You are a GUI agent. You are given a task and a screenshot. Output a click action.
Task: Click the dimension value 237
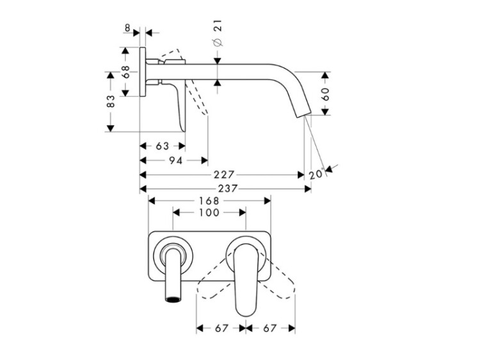[227, 189]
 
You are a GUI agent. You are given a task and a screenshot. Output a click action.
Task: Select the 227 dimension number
[224, 175]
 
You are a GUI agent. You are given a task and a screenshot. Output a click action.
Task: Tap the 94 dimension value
[176, 160]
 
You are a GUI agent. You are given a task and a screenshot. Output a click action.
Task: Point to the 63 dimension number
[163, 146]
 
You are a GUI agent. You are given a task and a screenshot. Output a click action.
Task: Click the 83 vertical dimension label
[111, 101]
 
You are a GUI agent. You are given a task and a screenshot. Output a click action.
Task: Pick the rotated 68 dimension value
[125, 72]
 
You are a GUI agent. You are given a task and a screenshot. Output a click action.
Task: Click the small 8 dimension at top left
[127, 28]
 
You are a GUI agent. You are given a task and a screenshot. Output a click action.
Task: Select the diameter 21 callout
[218, 33]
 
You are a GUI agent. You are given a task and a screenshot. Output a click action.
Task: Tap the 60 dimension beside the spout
[325, 94]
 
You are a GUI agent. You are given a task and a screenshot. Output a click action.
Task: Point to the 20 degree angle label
[316, 174]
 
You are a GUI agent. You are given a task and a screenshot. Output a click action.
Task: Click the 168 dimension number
[209, 201]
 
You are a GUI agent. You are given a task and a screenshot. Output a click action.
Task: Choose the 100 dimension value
[209, 212]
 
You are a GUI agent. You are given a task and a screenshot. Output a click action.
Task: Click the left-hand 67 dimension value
[221, 328]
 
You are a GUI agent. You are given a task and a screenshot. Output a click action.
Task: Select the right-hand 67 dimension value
[269, 328]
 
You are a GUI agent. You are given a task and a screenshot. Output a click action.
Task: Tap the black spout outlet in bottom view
[173, 299]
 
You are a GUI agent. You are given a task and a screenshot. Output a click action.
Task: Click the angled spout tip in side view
[303, 113]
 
